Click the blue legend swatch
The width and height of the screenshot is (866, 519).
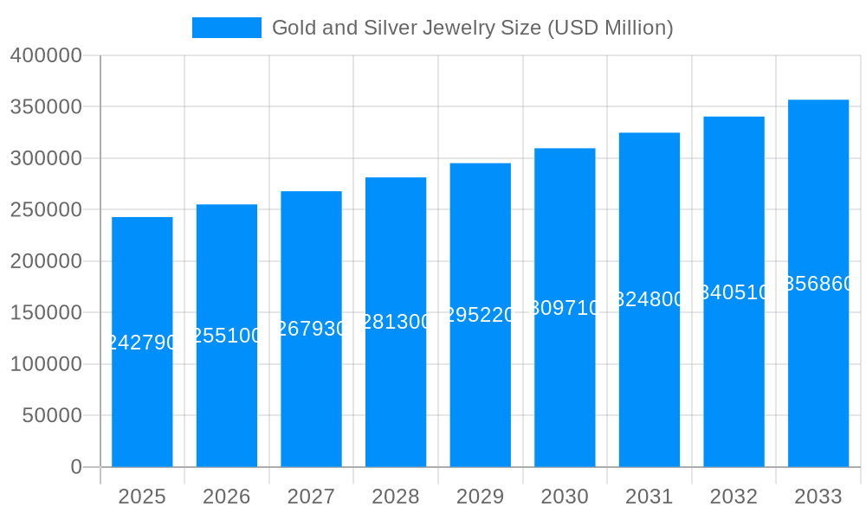click(x=226, y=28)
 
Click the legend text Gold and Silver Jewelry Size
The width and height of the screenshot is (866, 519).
click(x=472, y=28)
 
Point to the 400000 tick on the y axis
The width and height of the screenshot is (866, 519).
click(x=46, y=55)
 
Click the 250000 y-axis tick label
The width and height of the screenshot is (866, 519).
click(x=46, y=209)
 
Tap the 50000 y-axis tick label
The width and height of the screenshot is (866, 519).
click(x=52, y=415)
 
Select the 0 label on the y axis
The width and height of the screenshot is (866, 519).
click(x=76, y=467)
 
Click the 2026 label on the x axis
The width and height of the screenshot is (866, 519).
click(x=227, y=497)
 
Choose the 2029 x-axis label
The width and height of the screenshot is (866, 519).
click(x=481, y=497)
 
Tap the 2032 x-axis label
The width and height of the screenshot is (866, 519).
click(x=734, y=497)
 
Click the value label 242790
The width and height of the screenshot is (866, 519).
click(x=142, y=343)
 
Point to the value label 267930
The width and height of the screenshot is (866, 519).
click(x=312, y=329)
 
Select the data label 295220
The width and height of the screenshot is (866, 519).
click(x=481, y=315)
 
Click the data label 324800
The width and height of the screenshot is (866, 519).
click(x=649, y=299)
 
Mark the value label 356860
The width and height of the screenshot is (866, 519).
click(x=818, y=284)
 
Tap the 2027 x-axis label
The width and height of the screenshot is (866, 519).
click(x=312, y=497)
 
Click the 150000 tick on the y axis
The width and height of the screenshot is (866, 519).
click(x=46, y=312)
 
